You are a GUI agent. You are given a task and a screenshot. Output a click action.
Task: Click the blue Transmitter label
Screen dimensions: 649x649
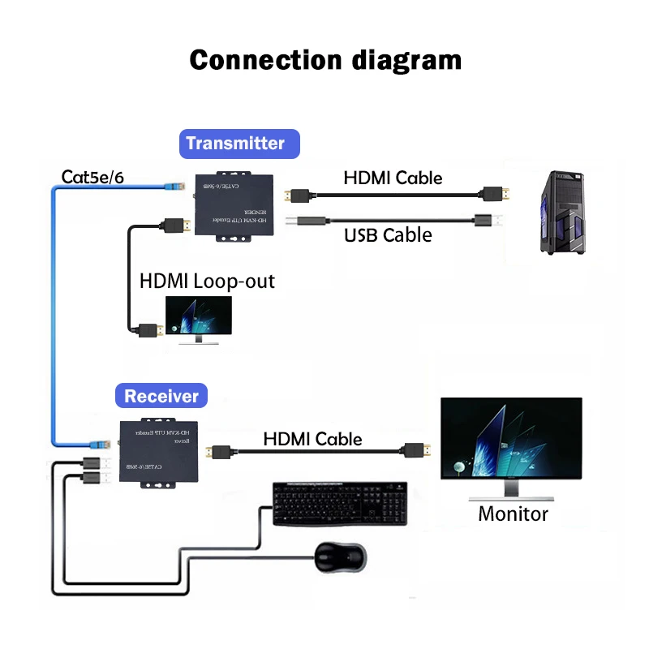239,144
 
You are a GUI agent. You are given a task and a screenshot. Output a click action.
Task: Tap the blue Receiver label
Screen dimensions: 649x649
161,396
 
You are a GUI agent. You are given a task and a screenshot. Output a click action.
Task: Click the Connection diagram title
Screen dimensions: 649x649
324,60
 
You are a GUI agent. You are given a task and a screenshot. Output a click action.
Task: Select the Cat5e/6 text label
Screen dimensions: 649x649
93,177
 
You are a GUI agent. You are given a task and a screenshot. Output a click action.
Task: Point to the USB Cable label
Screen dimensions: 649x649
388,235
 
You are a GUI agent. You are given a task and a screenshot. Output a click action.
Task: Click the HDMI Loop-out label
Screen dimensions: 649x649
208,282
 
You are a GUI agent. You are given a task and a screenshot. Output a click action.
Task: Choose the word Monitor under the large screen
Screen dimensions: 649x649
513,514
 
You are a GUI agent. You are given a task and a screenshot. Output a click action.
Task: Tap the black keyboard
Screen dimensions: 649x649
340,504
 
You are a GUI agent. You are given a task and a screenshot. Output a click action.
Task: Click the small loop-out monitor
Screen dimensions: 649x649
198,318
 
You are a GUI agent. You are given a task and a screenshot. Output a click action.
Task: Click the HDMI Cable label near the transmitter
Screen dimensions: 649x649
393,178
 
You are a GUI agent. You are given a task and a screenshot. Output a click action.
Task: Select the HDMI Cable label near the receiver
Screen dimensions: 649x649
312,439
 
